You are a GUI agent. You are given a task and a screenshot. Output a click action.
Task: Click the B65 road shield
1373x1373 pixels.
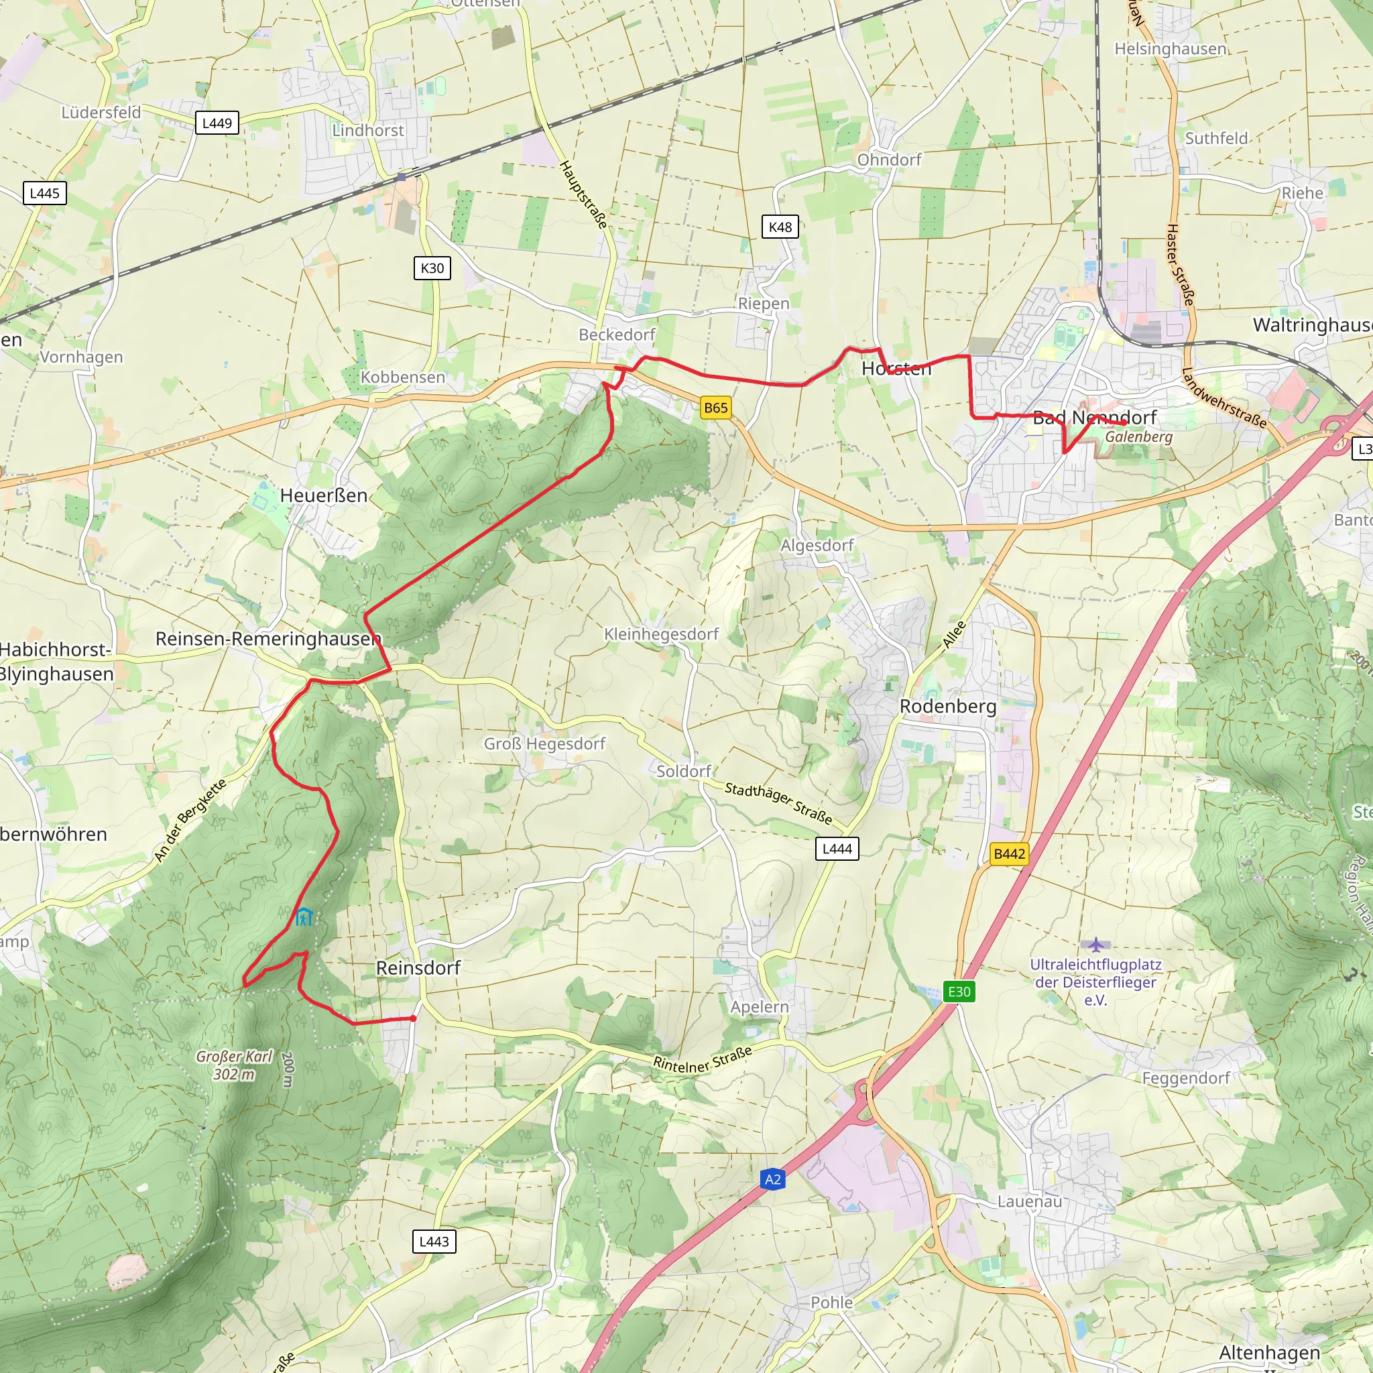point(715,408)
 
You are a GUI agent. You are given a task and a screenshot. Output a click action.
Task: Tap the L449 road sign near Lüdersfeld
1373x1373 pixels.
point(217,123)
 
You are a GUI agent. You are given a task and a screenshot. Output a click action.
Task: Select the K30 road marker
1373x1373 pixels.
point(432,268)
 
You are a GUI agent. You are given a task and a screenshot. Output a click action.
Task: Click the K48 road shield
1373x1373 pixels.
point(780,227)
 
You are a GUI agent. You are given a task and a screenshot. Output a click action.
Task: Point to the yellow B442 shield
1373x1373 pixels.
point(1009,853)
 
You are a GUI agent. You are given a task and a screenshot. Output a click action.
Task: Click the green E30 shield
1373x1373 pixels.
point(959,992)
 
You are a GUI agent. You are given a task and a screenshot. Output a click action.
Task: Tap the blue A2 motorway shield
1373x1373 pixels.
point(772,1180)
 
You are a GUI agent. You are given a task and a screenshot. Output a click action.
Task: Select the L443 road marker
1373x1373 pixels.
point(434,1242)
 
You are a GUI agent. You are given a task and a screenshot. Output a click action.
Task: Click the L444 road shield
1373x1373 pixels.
point(837,849)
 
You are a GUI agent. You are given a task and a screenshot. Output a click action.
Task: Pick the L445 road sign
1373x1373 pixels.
point(45,193)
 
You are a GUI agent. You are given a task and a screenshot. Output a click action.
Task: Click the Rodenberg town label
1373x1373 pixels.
point(947,707)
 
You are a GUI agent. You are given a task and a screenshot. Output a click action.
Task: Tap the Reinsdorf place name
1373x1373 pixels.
point(418,968)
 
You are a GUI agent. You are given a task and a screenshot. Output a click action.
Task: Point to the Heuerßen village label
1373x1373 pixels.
point(323,495)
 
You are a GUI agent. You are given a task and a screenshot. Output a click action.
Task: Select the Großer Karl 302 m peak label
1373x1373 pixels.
point(234,1065)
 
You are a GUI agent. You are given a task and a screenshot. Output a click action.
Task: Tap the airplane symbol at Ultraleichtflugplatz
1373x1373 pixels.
point(1096,945)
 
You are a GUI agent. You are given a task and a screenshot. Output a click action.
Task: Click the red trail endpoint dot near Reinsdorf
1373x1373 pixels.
point(414,1019)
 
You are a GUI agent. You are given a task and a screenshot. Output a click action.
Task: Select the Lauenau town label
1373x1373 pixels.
point(1029,1201)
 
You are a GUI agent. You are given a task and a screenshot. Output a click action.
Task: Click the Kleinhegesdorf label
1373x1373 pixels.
point(661,634)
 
